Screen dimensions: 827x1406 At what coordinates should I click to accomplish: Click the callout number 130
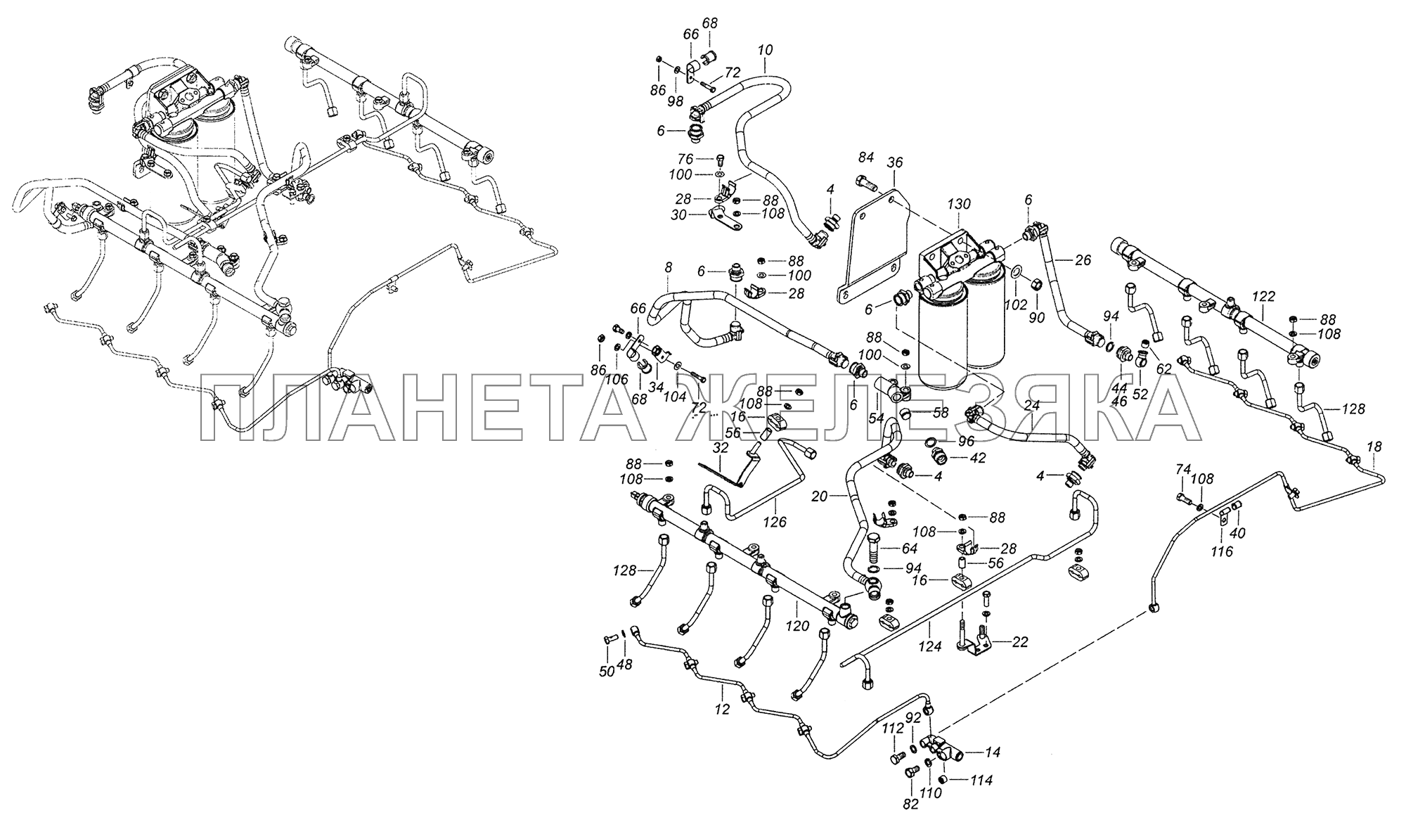click(959, 204)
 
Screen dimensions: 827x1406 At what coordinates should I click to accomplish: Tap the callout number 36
click(894, 162)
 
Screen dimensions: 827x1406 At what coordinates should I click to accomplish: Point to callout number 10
click(766, 50)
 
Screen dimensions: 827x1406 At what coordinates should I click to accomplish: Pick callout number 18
click(1374, 447)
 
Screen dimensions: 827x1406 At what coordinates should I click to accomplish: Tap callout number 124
click(931, 646)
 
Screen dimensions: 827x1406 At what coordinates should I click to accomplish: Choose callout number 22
click(1021, 641)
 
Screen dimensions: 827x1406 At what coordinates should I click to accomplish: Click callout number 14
click(992, 752)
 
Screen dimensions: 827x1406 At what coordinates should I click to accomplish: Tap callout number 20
click(819, 496)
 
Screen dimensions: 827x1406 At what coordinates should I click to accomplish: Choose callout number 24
click(1032, 406)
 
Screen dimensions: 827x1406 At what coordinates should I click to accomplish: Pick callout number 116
click(1223, 552)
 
